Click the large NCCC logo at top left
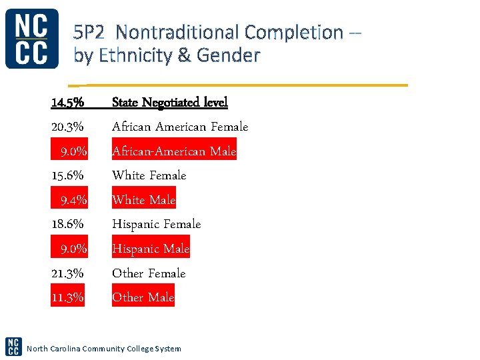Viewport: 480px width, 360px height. [x=31, y=39]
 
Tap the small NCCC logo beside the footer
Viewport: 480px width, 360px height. [x=13, y=346]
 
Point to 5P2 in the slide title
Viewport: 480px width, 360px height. [x=93, y=32]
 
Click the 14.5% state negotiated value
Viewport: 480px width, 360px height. [x=67, y=103]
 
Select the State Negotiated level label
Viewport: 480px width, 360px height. [x=169, y=103]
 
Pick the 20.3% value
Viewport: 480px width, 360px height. [x=67, y=127]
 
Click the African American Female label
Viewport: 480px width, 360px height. [x=180, y=127]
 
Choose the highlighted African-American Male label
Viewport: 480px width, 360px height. [x=174, y=151]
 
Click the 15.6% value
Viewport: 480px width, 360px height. [x=67, y=175]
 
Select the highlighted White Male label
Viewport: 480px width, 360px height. [x=143, y=200]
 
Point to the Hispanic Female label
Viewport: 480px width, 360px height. [x=156, y=224]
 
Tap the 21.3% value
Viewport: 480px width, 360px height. [x=67, y=273]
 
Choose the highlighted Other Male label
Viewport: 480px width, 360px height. [x=143, y=297]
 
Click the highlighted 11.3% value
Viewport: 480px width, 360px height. [x=68, y=297]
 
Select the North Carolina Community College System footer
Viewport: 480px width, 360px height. [x=103, y=349]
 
